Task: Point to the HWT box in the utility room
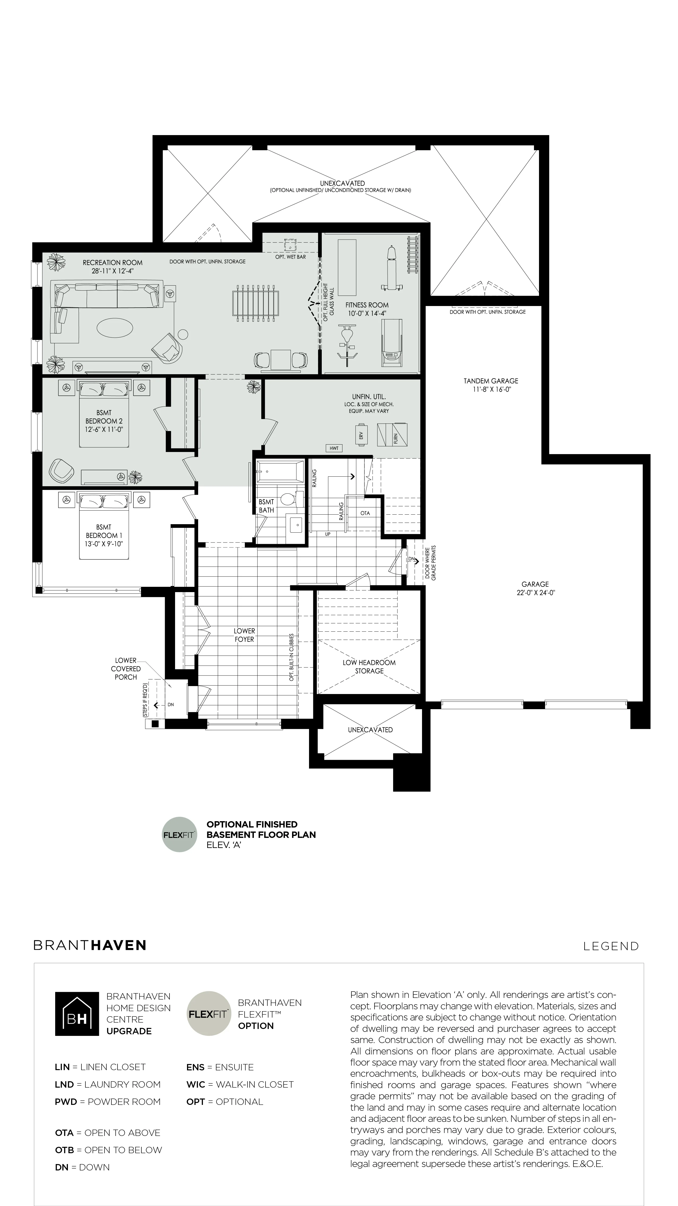(334, 448)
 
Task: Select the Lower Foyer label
(244, 635)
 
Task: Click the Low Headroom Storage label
(369, 667)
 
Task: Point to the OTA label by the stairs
(365, 513)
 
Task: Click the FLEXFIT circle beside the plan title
(180, 834)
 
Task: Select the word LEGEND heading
(611, 946)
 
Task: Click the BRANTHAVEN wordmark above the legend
(90, 945)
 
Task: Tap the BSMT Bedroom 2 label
(104, 421)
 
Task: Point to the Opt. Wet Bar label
(290, 257)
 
